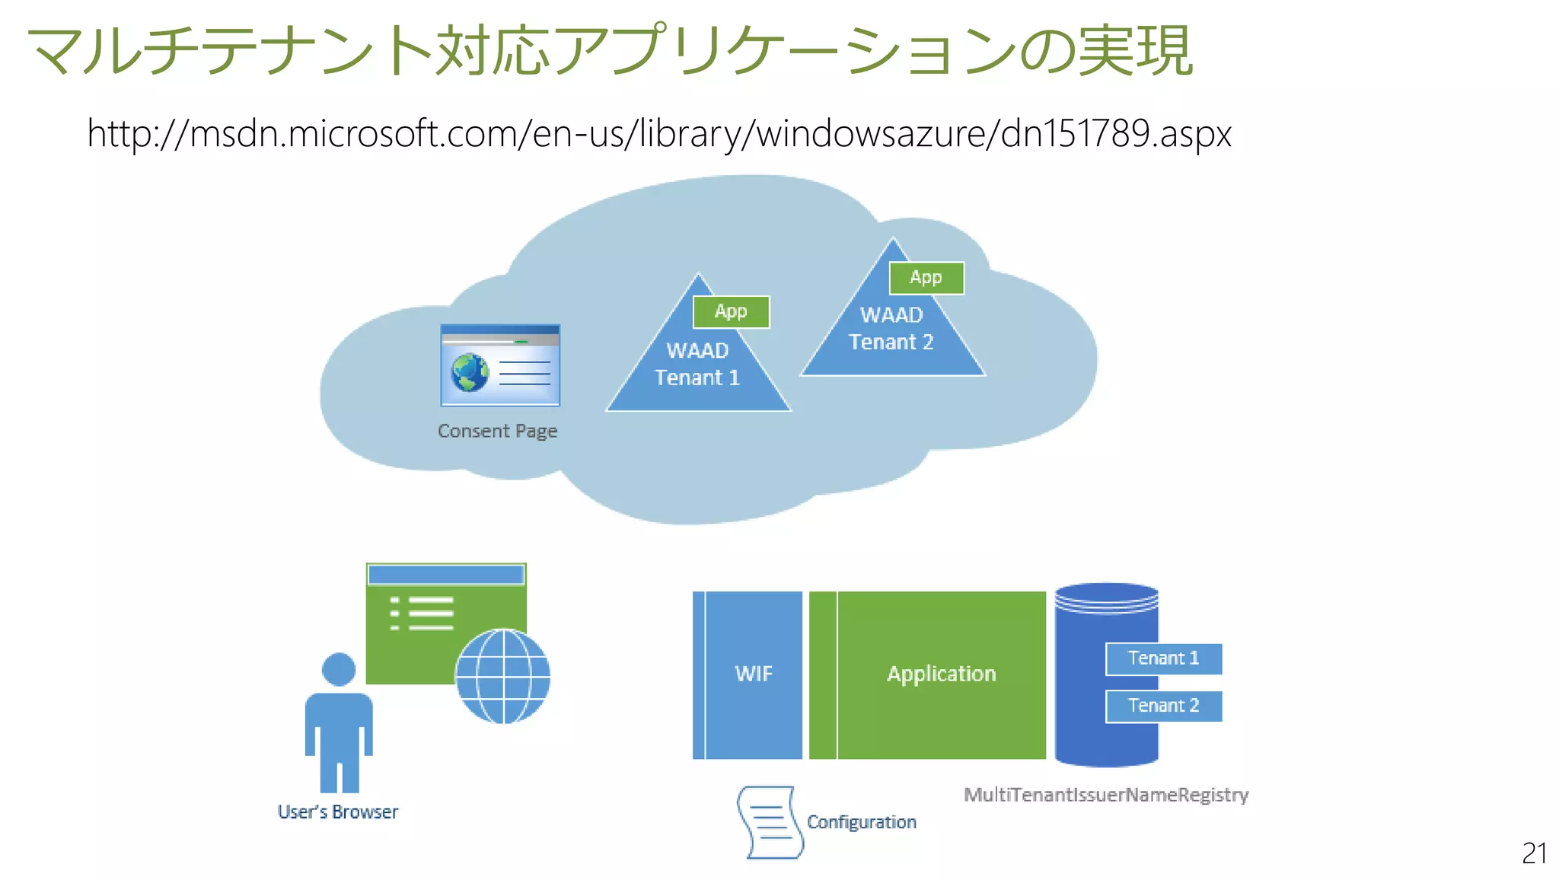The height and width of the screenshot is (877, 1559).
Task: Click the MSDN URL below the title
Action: coord(658,134)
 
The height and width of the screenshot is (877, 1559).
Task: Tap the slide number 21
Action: coord(1534,853)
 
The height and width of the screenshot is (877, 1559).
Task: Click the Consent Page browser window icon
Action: coord(500,365)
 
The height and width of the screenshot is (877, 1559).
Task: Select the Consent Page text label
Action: coord(497,431)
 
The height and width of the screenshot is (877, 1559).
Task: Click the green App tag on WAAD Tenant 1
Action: coord(731,311)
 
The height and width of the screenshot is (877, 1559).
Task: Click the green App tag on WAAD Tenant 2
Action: coord(926,278)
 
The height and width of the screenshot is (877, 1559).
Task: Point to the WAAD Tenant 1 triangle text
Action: coord(697,365)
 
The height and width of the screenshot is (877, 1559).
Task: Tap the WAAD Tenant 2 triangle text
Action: coord(891,329)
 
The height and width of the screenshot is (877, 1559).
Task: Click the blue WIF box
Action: coord(753,674)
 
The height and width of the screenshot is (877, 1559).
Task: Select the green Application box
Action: coord(941,674)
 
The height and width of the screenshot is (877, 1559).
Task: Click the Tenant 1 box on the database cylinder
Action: coord(1163,659)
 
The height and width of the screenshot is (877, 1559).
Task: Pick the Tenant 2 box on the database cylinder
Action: coord(1163,706)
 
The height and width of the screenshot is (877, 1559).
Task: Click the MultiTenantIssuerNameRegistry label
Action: coord(1105,795)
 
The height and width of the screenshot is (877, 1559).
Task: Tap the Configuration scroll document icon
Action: coord(770,823)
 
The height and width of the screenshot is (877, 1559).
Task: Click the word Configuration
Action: coord(861,822)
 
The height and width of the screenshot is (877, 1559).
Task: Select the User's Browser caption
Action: coord(337,812)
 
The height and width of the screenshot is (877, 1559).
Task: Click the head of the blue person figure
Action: coord(339,669)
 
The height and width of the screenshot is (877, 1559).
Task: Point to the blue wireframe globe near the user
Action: coord(502,676)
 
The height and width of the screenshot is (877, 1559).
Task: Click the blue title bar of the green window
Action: coord(446,575)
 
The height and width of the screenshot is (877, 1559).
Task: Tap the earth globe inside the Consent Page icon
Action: coord(470,373)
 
